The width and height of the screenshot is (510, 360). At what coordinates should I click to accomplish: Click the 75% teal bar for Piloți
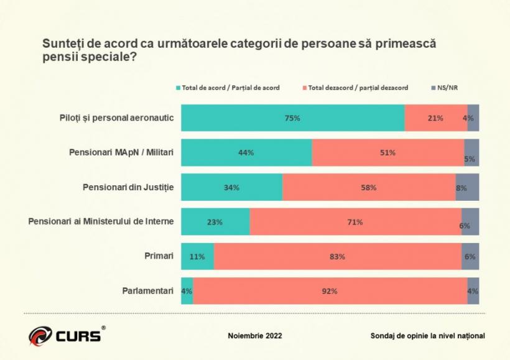292,118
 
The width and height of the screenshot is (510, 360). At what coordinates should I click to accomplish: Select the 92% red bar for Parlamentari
330,291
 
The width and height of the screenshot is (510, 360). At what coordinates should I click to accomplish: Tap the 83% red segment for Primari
337,256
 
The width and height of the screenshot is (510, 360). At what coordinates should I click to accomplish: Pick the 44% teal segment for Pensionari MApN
246,152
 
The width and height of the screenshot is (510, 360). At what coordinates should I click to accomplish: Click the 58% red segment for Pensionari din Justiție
369,187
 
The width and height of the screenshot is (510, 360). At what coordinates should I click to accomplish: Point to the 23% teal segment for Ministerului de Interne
215,222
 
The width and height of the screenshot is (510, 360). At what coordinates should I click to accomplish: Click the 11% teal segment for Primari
197,256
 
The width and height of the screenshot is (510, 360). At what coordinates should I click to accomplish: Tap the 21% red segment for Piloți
435,118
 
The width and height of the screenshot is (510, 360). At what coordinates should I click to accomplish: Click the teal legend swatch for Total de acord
178,88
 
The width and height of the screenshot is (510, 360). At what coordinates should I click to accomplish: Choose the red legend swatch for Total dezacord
304,88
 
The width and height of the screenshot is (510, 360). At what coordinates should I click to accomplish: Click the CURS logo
65,336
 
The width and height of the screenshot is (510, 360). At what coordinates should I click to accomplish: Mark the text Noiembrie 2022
255,336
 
